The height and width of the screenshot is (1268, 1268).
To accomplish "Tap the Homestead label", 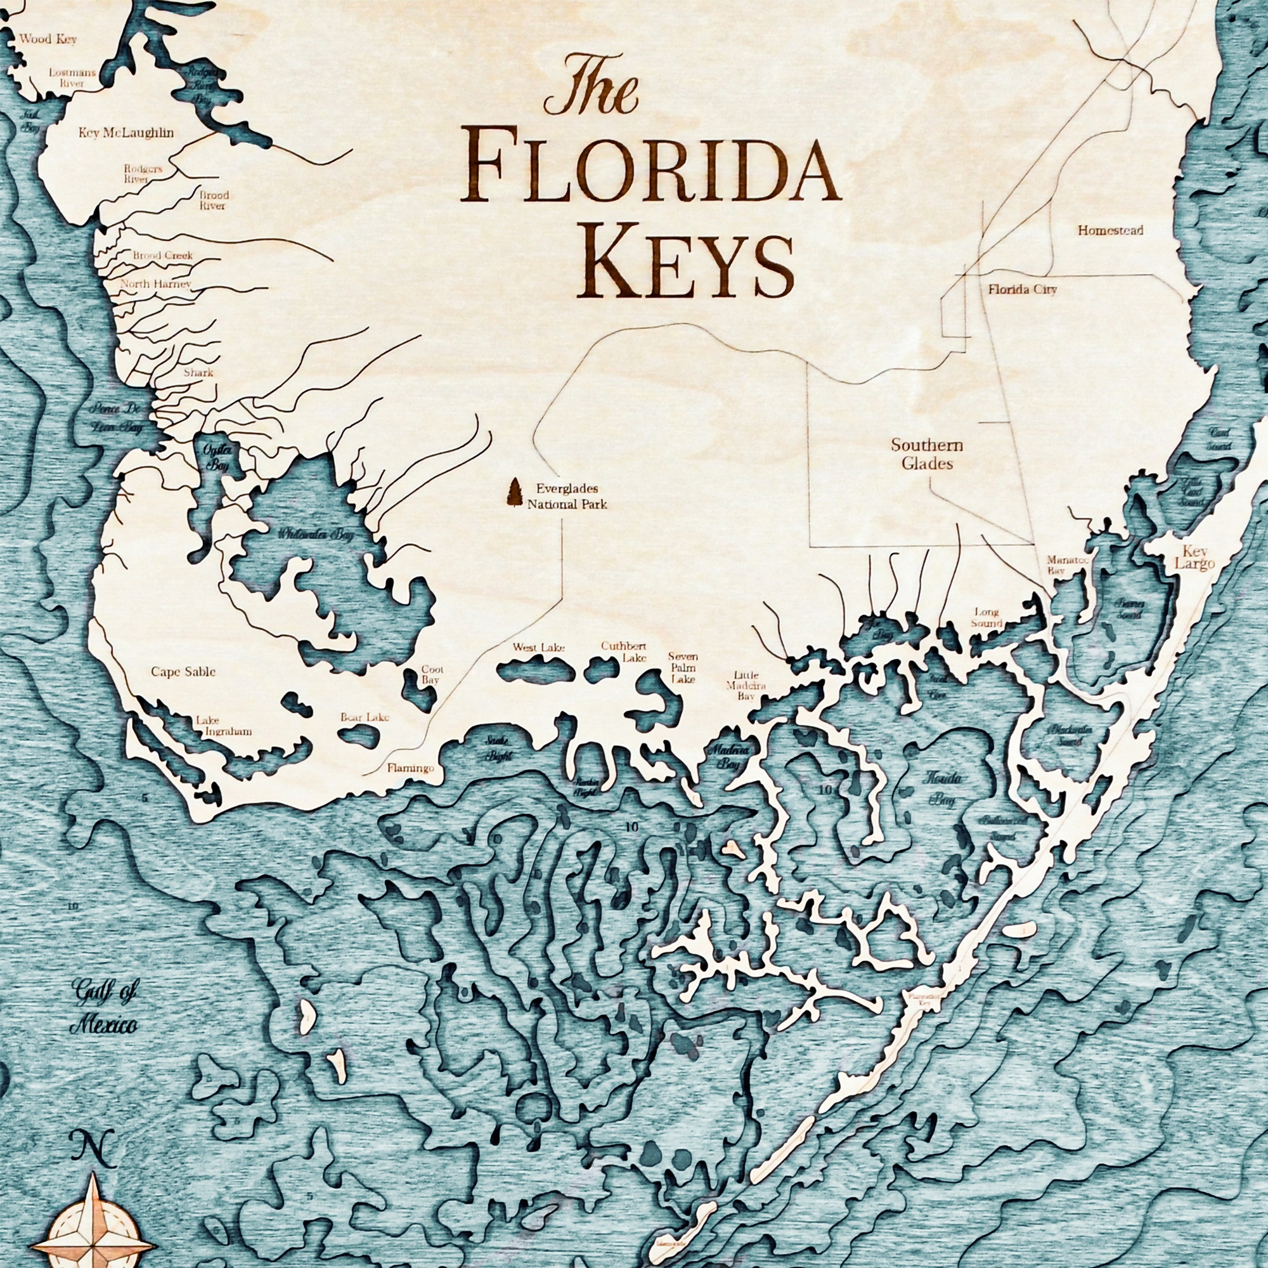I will (1111, 230).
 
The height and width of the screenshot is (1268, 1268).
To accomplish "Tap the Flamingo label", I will (411, 767).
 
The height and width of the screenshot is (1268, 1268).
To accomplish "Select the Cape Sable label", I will (183, 672).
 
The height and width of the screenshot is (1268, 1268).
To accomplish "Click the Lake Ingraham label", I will (223, 726).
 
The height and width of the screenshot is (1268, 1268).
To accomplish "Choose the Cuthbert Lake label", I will (623, 651).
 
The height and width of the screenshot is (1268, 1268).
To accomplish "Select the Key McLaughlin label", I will (126, 133).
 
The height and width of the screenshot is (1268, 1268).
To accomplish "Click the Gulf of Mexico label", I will (105, 1013).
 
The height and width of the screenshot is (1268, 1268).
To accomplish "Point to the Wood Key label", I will (48, 39).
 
